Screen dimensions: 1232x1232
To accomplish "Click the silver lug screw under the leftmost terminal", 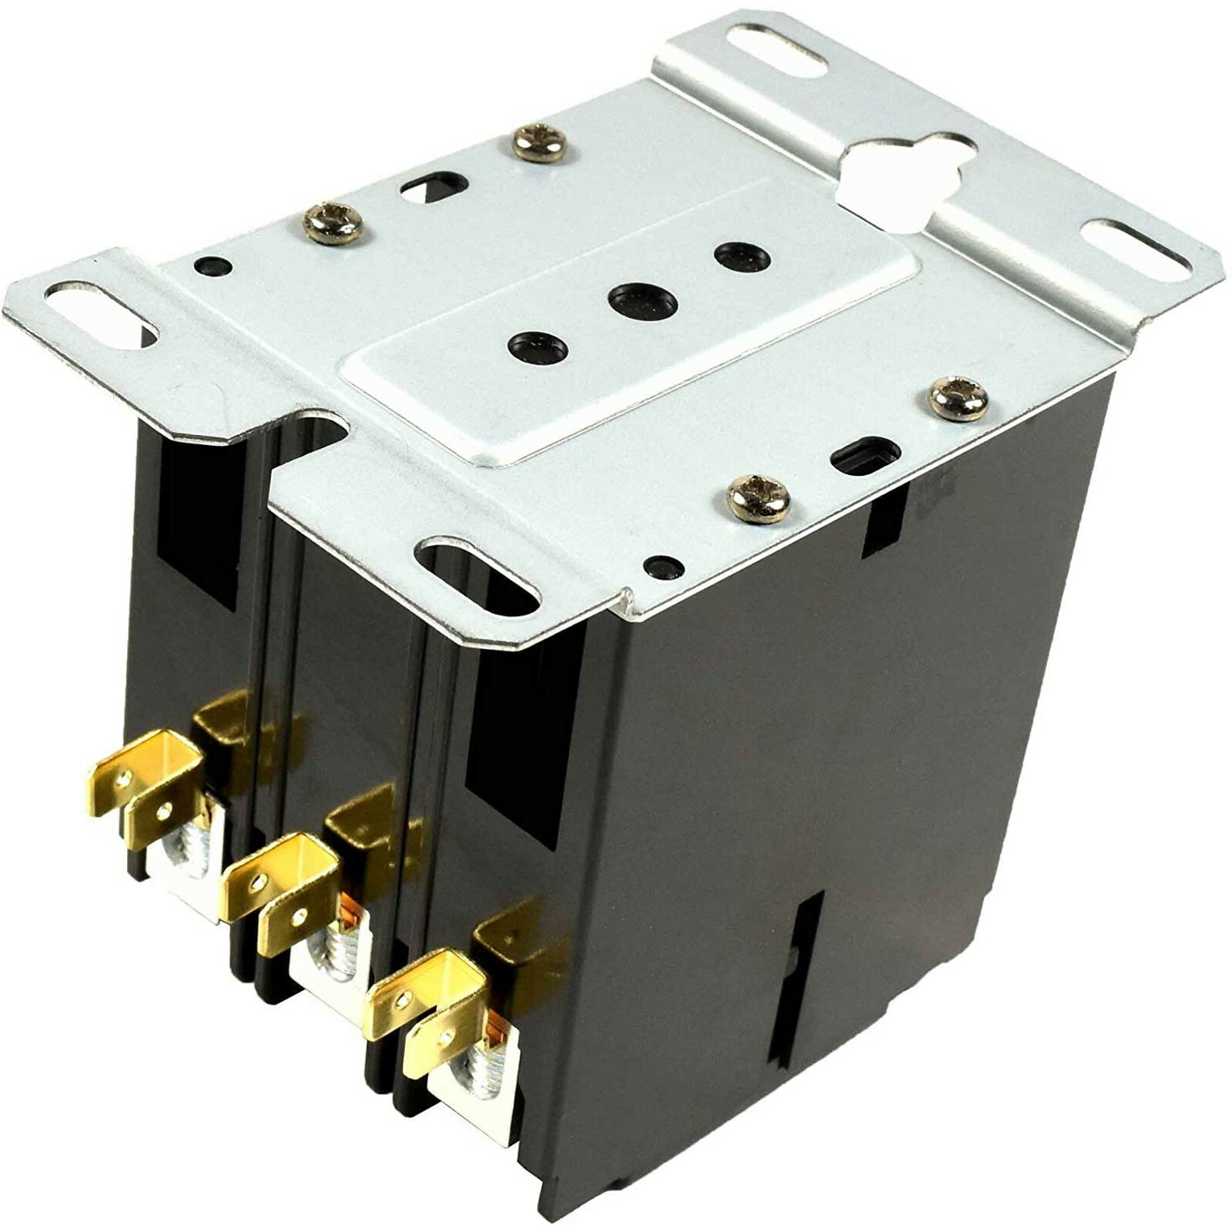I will coord(194,855).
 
